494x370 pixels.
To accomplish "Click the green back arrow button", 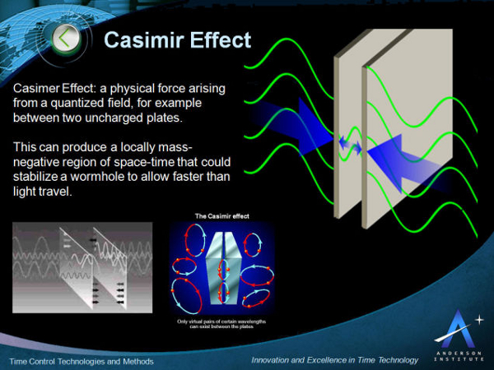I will click(x=68, y=37).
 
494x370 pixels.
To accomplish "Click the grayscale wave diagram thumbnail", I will click(x=82, y=266).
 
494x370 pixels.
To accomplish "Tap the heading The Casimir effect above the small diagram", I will click(x=222, y=216).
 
